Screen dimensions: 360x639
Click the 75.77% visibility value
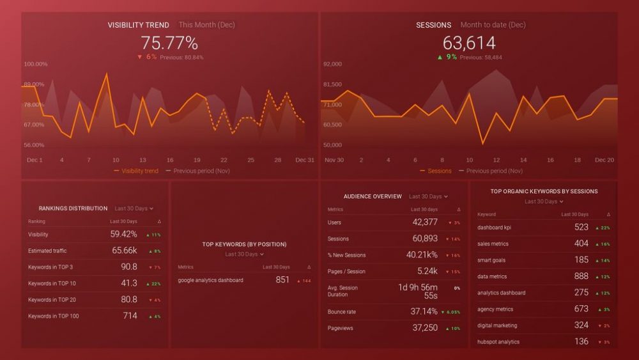tap(169, 43)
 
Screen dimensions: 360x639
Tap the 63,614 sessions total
tap(469, 43)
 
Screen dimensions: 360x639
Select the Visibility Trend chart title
tap(138, 25)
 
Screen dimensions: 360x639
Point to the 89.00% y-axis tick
tap(35, 84)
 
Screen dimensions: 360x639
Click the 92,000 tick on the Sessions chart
tap(333, 64)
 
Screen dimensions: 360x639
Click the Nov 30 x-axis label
tap(334, 160)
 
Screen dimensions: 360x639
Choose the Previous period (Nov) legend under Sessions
tap(494, 171)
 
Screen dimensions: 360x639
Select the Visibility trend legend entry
tap(139, 171)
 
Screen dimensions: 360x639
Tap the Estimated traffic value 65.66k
tap(125, 251)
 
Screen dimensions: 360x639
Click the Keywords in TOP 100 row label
tap(54, 316)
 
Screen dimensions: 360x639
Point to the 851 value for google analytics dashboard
tap(282, 280)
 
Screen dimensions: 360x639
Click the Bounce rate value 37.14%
tap(424, 312)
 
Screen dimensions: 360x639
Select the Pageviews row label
tap(340, 328)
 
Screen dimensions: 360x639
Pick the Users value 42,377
tap(425, 223)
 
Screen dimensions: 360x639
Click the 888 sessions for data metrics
tap(581, 276)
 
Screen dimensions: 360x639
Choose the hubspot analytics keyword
tap(498, 341)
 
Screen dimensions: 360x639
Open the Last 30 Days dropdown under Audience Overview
tap(428, 197)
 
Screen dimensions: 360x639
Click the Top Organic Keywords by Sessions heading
tap(544, 191)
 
